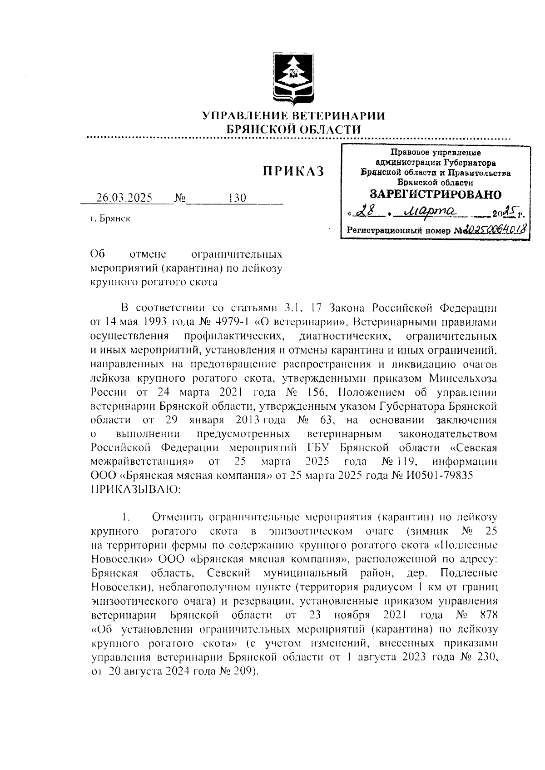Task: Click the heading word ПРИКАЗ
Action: [x=293, y=171]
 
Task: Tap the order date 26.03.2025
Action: [x=124, y=198]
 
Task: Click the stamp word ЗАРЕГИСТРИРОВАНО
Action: [x=436, y=194]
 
